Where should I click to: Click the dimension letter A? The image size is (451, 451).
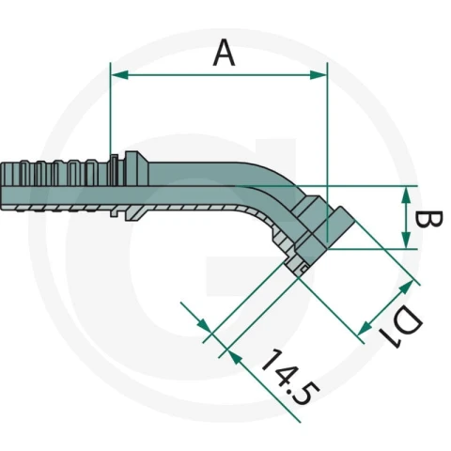(224, 54)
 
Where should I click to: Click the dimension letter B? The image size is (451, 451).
(428, 219)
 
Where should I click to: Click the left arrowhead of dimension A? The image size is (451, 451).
(119, 75)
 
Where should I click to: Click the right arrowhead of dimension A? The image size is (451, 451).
(319, 75)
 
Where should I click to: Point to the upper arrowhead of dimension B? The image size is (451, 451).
(406, 194)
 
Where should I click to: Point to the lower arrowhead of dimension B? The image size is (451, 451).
(406, 241)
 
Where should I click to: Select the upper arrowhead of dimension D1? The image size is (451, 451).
(406, 288)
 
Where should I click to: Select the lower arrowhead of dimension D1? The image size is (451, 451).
(365, 328)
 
